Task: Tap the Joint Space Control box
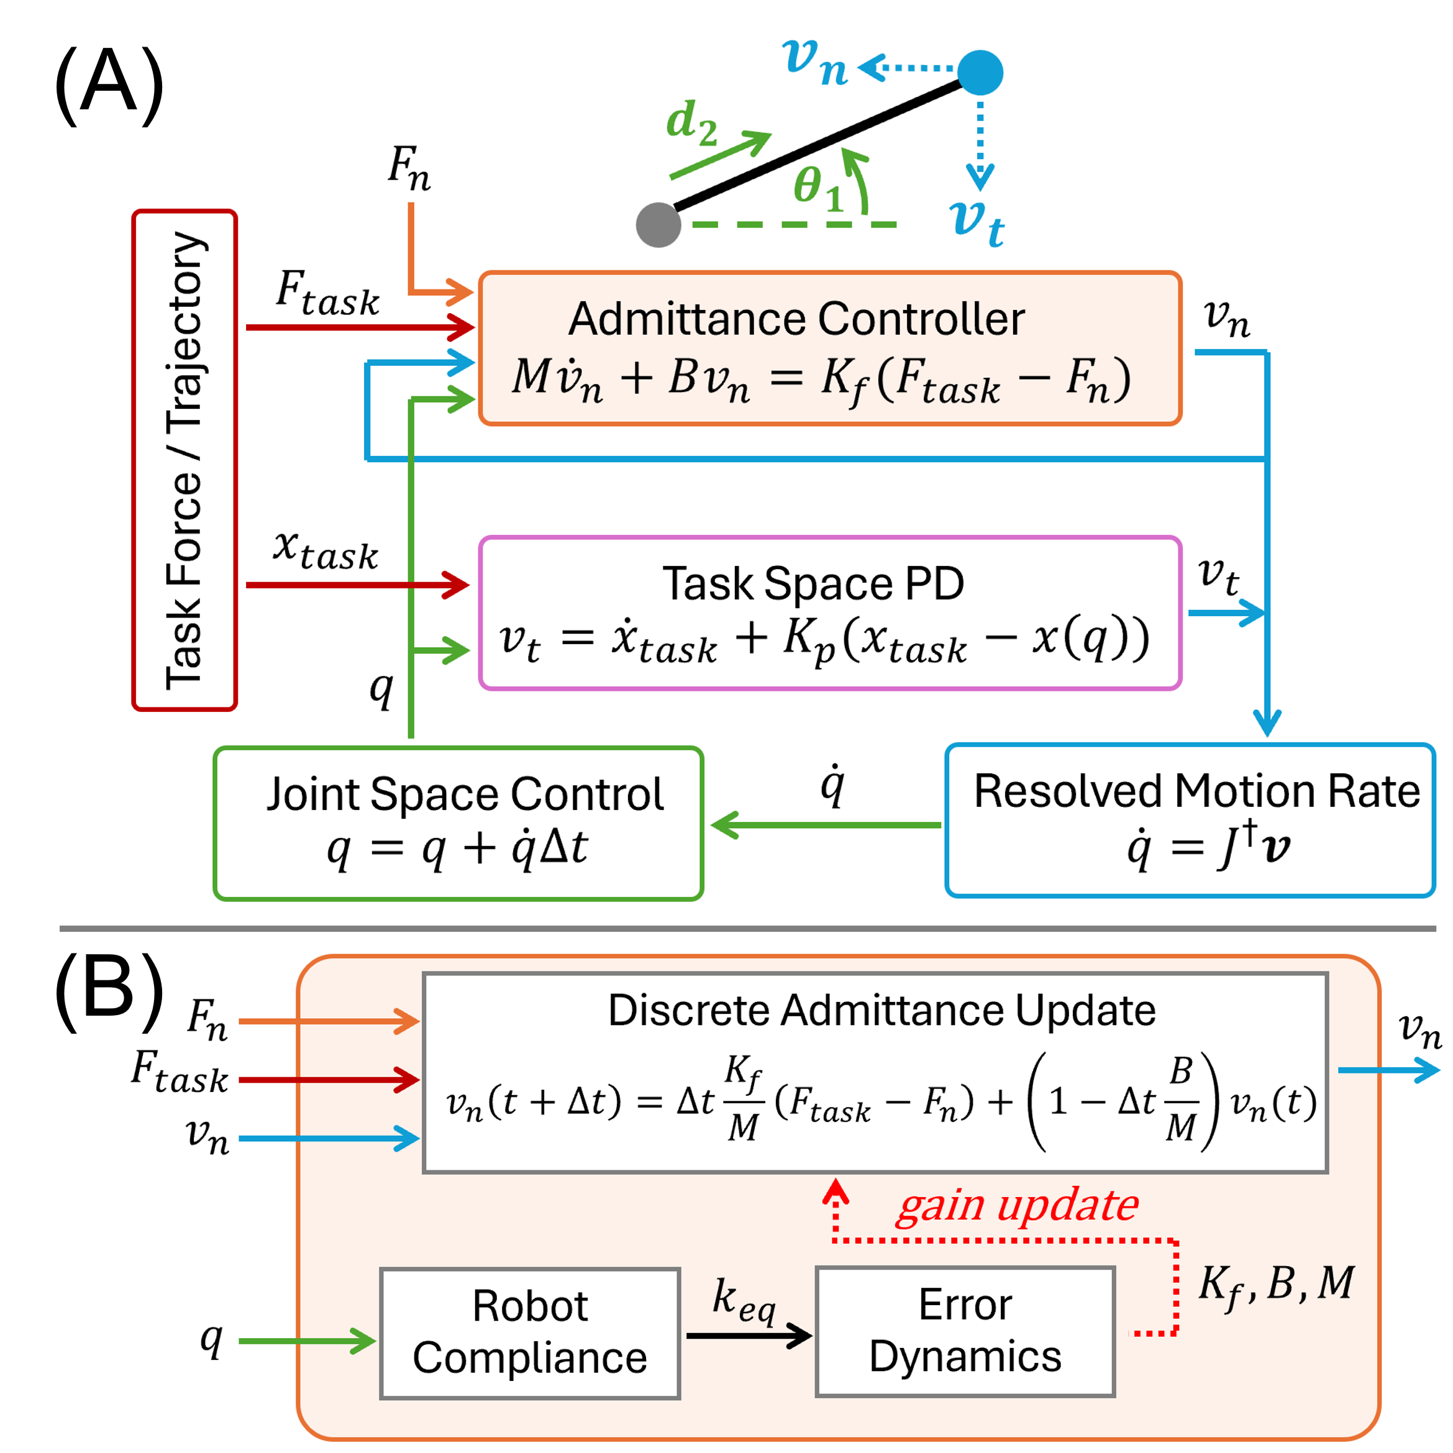click(458, 824)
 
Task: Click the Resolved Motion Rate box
click(1190, 821)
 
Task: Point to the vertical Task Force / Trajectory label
click(184, 460)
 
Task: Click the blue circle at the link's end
click(980, 72)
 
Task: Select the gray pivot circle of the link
click(658, 224)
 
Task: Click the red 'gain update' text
click(1018, 1206)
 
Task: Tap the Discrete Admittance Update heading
click(881, 1010)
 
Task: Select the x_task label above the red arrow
click(325, 550)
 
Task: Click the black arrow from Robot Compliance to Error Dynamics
click(749, 1336)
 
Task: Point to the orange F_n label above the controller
click(409, 167)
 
